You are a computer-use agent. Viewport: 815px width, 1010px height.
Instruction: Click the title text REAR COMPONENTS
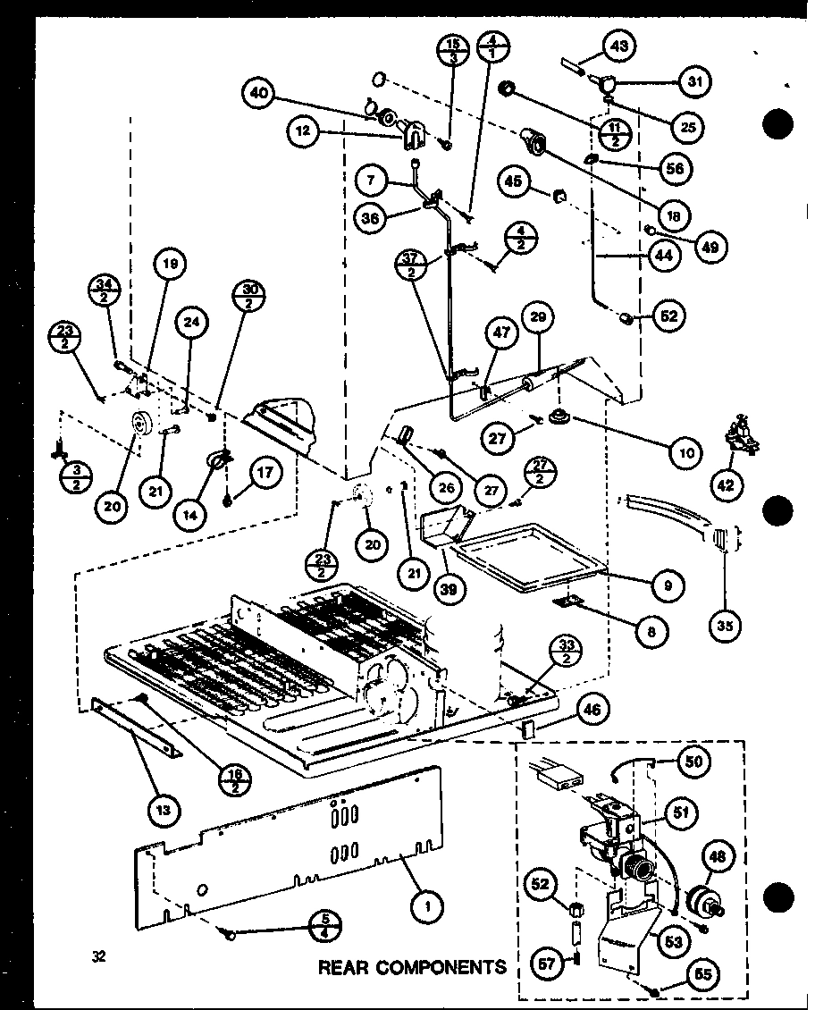(411, 966)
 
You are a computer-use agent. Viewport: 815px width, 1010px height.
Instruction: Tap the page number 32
(98, 956)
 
